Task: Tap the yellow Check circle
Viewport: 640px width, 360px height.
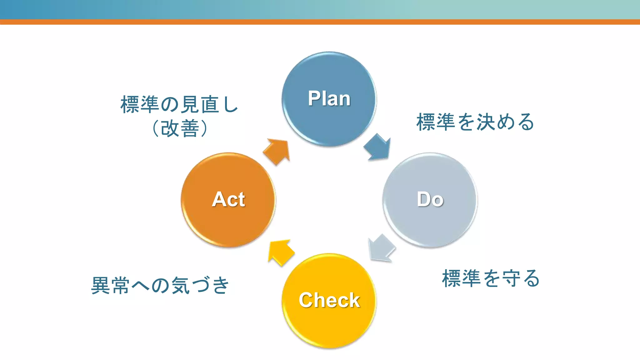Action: [x=329, y=325]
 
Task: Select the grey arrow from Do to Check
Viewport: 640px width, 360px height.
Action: [x=382, y=248]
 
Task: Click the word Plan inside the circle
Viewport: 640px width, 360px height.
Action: [x=329, y=99]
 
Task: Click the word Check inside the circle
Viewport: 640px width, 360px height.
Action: [x=329, y=300]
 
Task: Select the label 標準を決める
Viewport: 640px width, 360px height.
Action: [x=475, y=122]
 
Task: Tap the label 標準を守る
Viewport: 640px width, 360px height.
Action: [x=491, y=278]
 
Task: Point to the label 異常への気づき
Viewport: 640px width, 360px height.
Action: [x=160, y=285]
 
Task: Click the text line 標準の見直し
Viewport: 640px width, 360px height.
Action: [x=179, y=104]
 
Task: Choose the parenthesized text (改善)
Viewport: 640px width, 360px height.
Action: [x=179, y=128]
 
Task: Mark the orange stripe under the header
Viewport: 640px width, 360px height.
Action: [x=320, y=22]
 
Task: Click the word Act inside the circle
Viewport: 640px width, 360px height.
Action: [x=228, y=199]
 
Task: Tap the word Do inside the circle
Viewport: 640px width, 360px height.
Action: [x=430, y=199]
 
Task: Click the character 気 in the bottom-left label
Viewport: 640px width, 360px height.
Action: [x=181, y=285]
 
